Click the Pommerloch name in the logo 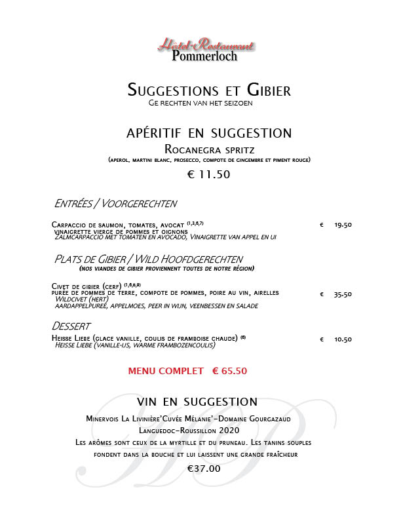[x=204, y=56]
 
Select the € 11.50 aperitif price [x=209, y=174]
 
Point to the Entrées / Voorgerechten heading [x=116, y=203]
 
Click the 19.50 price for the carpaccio [x=343, y=225]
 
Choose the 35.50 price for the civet [x=343, y=294]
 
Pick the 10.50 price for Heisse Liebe [x=343, y=339]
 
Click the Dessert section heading [x=71, y=326]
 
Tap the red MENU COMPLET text [x=166, y=371]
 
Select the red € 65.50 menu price [x=229, y=371]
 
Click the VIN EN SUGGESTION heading [x=197, y=401]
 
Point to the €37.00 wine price [x=204, y=469]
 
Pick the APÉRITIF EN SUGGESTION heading [x=208, y=133]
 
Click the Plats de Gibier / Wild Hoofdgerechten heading [x=153, y=259]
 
